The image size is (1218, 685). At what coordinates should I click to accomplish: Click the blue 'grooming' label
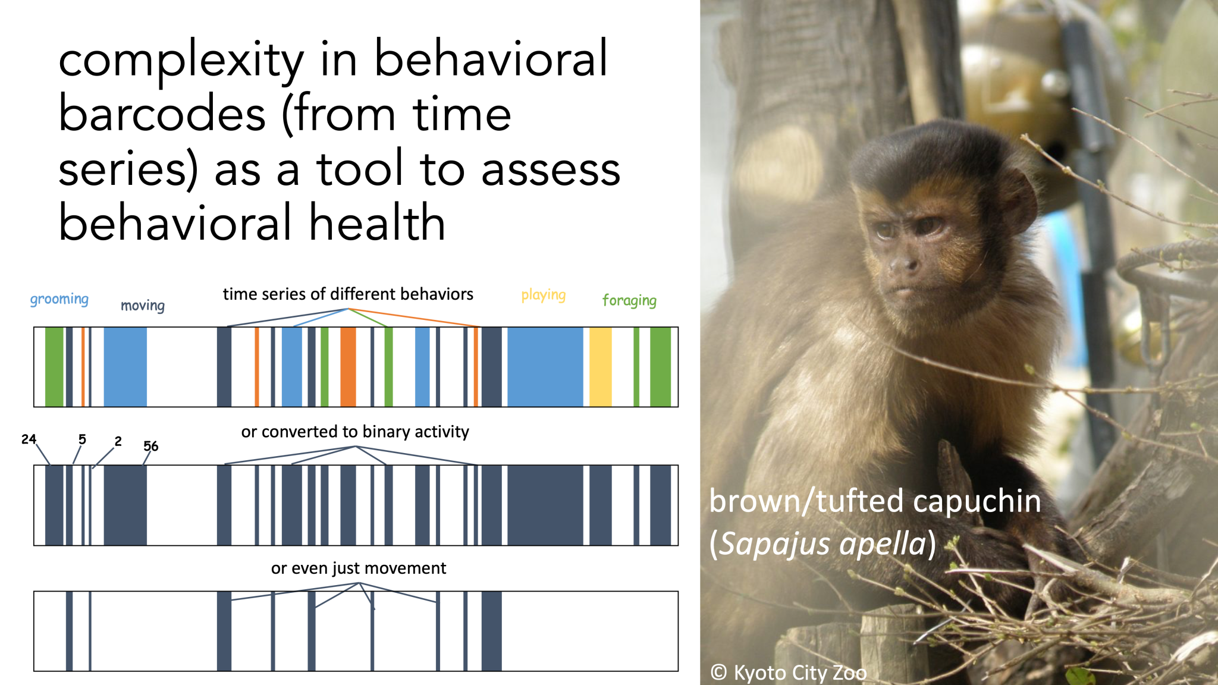(x=59, y=299)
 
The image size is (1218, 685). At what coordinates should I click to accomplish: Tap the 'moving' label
(x=143, y=306)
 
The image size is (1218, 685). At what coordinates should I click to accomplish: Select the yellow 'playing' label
(x=544, y=295)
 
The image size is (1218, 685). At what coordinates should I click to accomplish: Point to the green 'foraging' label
(x=629, y=300)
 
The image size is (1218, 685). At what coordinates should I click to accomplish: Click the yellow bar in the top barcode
(x=601, y=367)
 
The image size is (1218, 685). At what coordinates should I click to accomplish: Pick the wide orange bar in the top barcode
(x=348, y=367)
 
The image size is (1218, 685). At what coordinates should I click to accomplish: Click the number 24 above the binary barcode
(x=29, y=439)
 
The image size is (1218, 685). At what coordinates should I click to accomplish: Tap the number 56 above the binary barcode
(x=151, y=446)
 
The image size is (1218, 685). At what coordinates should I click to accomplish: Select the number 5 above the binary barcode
(x=82, y=439)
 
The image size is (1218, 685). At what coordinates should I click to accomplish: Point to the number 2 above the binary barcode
(x=118, y=441)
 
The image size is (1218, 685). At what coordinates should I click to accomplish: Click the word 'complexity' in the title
(x=181, y=61)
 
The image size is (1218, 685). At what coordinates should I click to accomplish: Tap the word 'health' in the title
(x=377, y=223)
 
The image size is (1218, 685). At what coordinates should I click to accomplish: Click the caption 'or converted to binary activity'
(x=355, y=432)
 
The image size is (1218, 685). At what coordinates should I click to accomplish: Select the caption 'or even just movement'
(x=359, y=568)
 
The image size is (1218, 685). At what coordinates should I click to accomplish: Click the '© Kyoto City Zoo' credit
(x=789, y=673)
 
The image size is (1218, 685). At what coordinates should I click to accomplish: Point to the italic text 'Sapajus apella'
(x=823, y=543)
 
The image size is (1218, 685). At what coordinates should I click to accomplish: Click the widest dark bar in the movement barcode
(x=491, y=631)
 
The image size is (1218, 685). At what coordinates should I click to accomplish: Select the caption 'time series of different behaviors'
(x=348, y=294)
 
